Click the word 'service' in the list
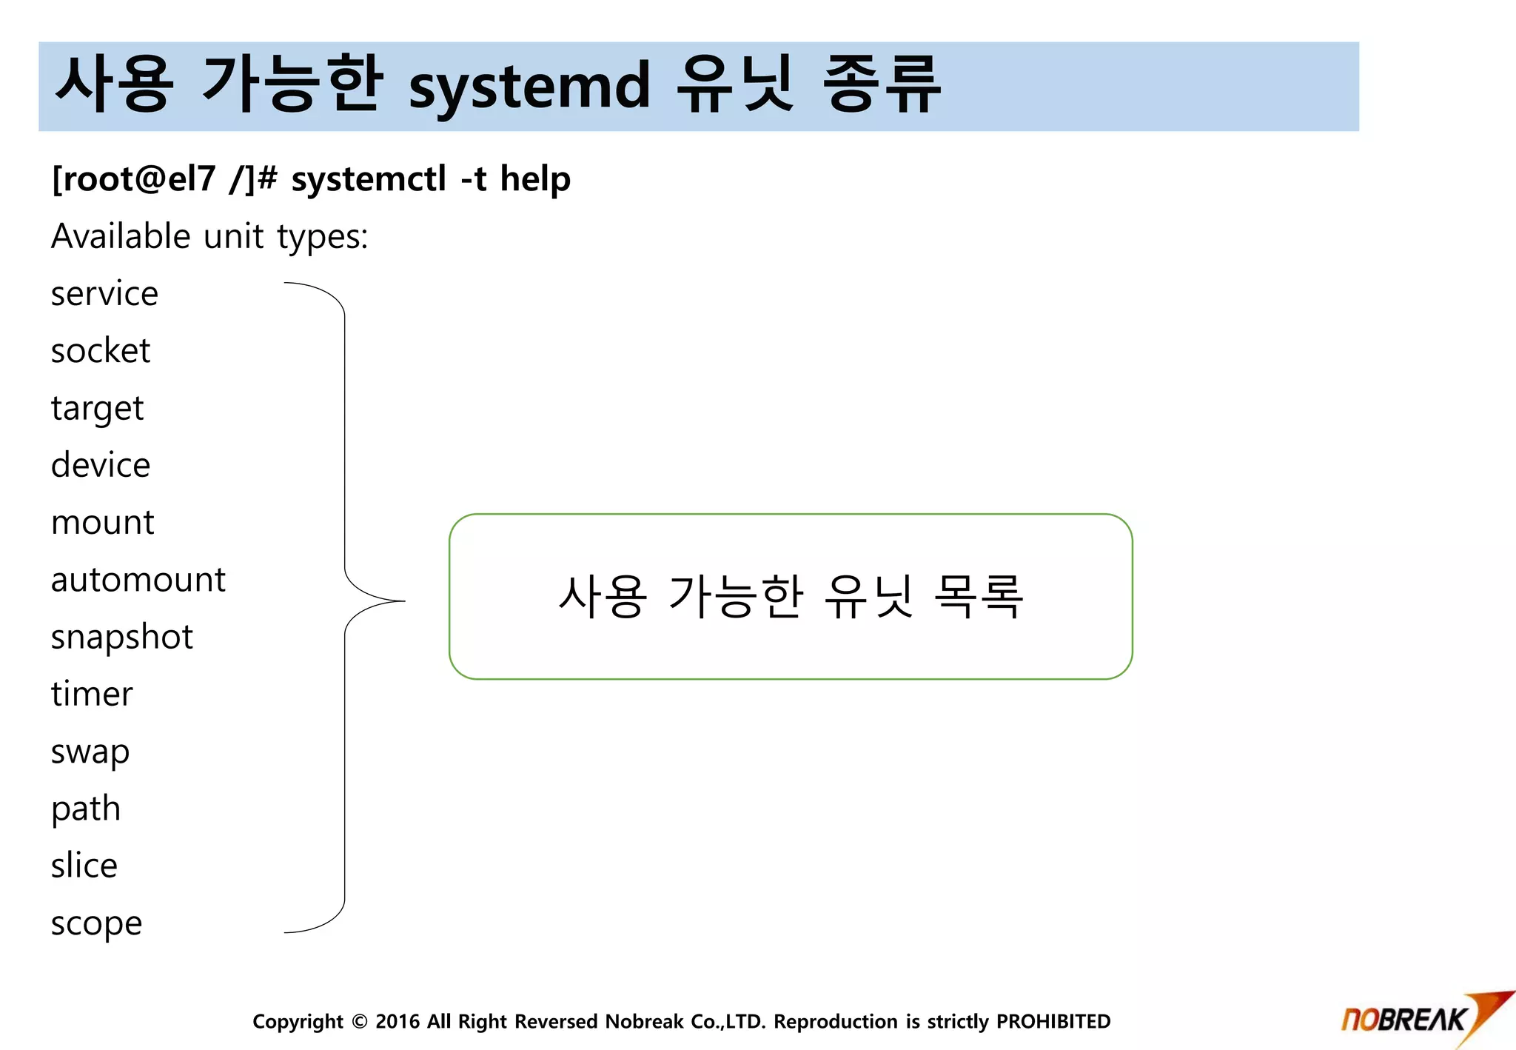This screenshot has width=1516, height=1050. (x=104, y=294)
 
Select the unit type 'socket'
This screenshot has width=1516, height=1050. (x=101, y=351)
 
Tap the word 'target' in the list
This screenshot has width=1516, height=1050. (x=97, y=409)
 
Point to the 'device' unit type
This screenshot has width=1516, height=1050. (x=101, y=465)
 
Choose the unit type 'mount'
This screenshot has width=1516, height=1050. (x=102, y=523)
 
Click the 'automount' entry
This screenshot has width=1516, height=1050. (x=138, y=580)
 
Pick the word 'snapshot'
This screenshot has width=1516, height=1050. (x=121, y=638)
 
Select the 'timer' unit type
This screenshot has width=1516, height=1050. (x=92, y=695)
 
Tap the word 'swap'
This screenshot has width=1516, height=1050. (x=90, y=752)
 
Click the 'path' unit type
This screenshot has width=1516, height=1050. (x=86, y=809)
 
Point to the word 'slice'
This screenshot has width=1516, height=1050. (x=84, y=866)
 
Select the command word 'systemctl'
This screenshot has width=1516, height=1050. (x=369, y=179)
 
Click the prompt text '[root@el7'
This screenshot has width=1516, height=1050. (x=133, y=179)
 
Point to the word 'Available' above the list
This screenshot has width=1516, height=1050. (x=121, y=237)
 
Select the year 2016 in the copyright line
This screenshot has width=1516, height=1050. (x=398, y=1022)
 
